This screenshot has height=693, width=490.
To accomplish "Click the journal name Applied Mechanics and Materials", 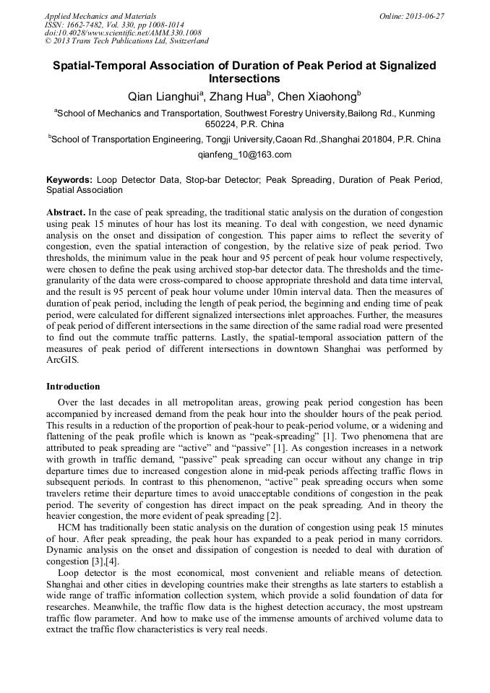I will (100, 15).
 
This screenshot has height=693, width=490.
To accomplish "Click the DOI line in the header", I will (123, 33).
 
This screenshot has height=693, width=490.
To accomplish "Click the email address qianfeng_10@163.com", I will (244, 154).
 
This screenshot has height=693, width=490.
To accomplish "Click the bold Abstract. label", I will (66, 212).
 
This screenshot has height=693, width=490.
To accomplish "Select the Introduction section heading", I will (73, 387).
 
